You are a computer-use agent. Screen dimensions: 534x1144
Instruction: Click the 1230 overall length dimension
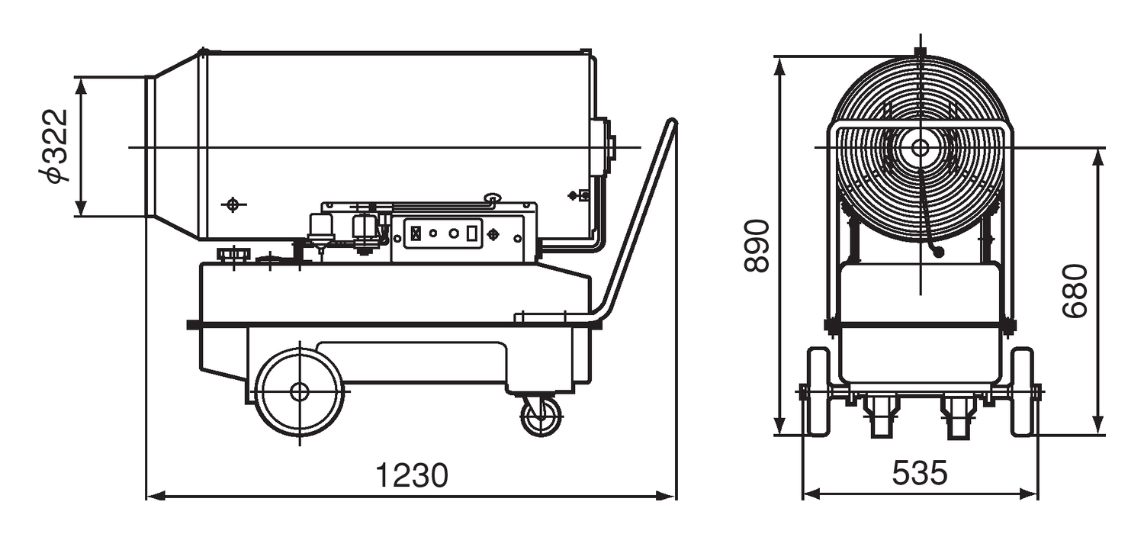point(412,474)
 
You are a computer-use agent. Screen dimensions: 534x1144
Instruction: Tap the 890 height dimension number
point(757,246)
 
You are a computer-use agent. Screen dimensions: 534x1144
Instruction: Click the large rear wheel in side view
point(299,391)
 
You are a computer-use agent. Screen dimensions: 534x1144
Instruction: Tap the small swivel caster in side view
point(541,417)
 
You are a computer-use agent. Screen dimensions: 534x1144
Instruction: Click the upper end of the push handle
point(671,124)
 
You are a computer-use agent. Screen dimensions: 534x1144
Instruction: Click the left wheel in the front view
point(818,391)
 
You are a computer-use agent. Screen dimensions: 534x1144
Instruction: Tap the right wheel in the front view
point(1022,391)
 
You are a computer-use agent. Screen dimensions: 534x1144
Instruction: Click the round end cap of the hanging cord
point(938,250)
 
